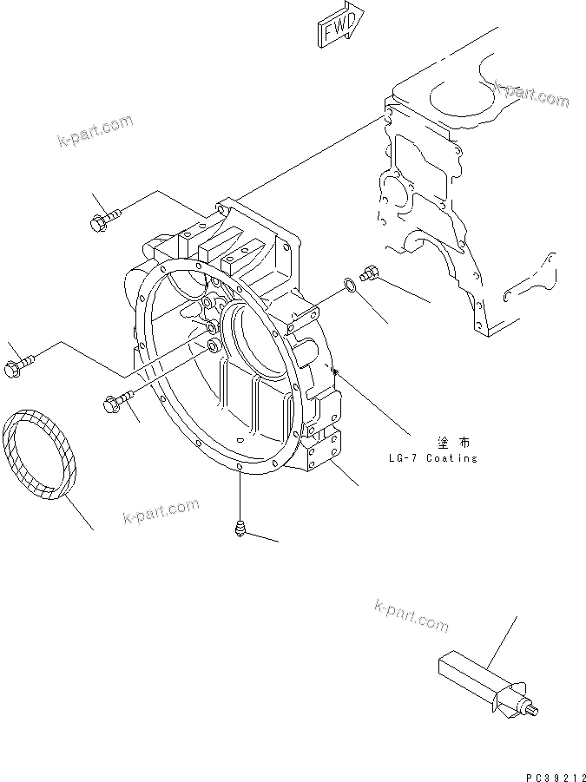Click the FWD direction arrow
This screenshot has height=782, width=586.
tap(339, 29)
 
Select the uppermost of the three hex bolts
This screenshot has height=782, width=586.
tap(102, 217)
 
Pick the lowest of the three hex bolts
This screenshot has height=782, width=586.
tap(116, 403)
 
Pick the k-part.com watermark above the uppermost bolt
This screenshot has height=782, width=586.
tap(95, 131)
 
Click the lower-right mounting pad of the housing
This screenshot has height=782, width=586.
tap(326, 452)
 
